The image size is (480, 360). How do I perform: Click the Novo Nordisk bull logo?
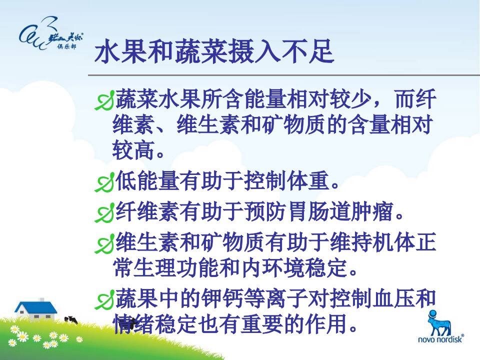(x=440, y=322)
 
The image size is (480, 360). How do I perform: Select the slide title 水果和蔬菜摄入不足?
(x=214, y=51)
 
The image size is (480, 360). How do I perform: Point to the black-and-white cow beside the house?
(x=71, y=320)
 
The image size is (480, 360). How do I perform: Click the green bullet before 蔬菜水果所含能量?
(x=104, y=100)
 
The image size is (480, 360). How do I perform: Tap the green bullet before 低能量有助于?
(x=104, y=183)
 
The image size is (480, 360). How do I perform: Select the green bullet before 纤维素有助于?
(x=104, y=213)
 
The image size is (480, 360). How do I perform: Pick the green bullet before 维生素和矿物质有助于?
(x=104, y=243)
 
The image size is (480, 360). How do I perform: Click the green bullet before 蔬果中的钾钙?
(x=104, y=299)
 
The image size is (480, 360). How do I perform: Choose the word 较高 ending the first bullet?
(x=133, y=150)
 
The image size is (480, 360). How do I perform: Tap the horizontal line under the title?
(x=284, y=75)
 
